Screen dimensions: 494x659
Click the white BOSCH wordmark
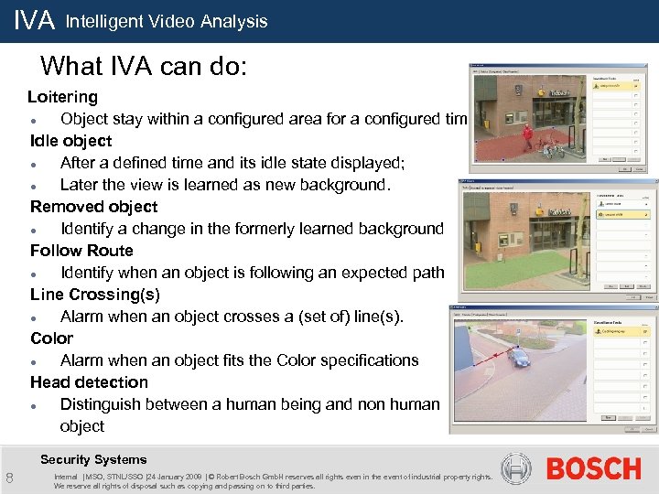593,468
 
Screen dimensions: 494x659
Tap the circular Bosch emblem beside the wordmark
516,468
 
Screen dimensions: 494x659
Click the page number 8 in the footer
9,478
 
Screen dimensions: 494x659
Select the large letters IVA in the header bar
35,20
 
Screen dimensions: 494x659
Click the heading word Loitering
62,97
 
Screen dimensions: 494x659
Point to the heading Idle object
71,141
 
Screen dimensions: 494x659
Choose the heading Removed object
93,207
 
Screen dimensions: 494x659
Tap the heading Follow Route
81,251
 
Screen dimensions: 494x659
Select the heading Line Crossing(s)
94,295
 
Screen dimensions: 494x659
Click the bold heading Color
51,338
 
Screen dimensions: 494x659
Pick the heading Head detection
89,382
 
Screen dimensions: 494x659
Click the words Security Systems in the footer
93,459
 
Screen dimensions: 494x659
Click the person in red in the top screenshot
525,137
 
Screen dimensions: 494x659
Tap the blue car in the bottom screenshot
518,357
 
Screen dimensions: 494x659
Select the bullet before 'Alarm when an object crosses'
34,317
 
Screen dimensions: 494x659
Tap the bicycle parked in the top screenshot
549,146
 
